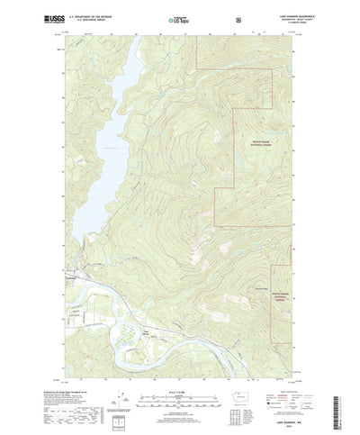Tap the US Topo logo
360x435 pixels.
click(x=179, y=18)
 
